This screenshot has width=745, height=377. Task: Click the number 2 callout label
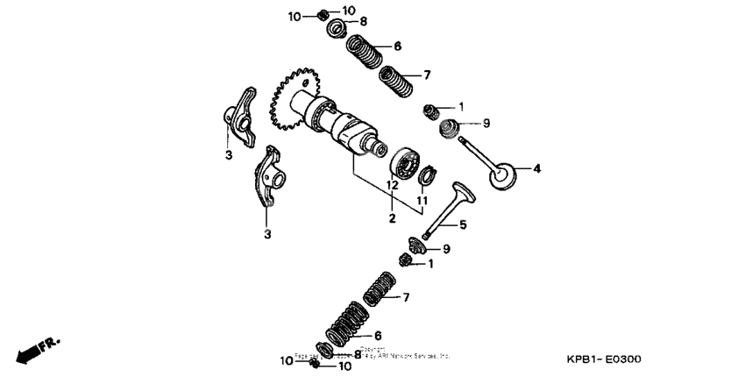click(392, 217)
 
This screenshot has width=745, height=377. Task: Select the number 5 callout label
click(463, 224)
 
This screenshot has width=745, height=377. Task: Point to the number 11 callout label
click(422, 201)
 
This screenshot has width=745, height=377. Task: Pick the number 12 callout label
click(392, 186)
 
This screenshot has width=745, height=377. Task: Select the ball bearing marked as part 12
click(406, 164)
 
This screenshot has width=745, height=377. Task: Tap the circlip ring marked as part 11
click(427, 175)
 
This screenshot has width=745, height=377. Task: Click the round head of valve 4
click(503, 174)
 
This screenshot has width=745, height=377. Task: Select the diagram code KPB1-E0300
click(604, 360)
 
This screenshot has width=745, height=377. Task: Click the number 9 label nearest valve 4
click(486, 124)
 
